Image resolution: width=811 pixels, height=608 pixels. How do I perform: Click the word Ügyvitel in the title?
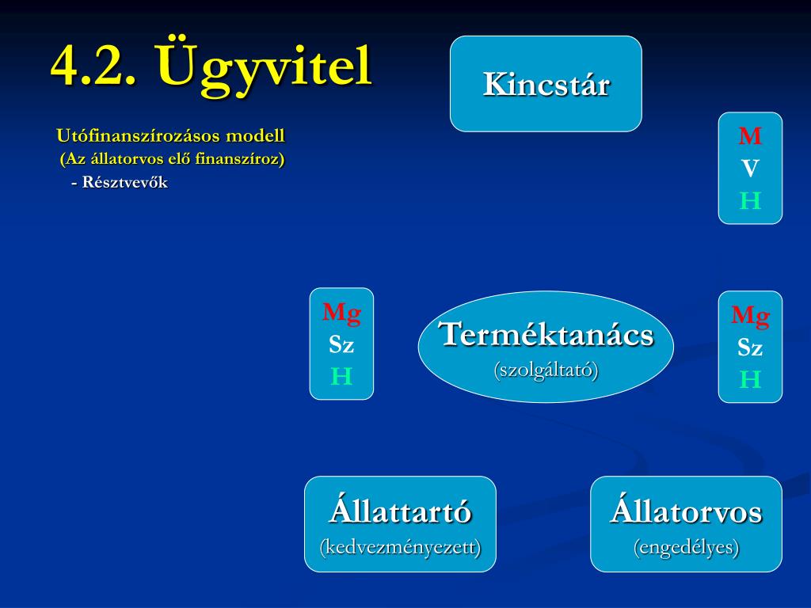coord(265,66)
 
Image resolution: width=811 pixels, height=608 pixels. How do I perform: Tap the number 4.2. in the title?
coord(94,66)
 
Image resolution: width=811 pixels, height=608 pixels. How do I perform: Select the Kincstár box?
coord(546,84)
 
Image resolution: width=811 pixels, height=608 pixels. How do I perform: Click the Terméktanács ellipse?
coord(546,347)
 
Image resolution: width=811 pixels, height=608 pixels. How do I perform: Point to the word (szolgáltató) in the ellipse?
coord(546,370)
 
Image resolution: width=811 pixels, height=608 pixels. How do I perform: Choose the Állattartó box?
coord(400,524)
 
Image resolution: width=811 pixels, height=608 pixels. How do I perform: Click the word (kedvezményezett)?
coord(400,547)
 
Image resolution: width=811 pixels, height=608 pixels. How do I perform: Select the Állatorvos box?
coord(686,524)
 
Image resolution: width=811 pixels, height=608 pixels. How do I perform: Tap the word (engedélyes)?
coord(687,547)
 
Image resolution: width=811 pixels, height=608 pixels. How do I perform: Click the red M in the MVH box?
coord(750,136)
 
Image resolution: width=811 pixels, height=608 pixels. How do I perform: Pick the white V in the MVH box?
coord(750,169)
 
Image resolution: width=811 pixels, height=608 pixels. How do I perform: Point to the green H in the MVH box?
coord(750,200)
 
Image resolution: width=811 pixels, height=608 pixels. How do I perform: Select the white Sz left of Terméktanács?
coord(341,345)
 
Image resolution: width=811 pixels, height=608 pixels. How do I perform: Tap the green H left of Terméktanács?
coord(341,376)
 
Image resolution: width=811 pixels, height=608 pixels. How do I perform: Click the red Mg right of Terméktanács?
coord(750,317)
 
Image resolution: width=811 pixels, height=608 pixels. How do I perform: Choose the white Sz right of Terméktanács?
coord(750,348)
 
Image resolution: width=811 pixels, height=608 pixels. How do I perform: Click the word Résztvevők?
coord(124,183)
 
